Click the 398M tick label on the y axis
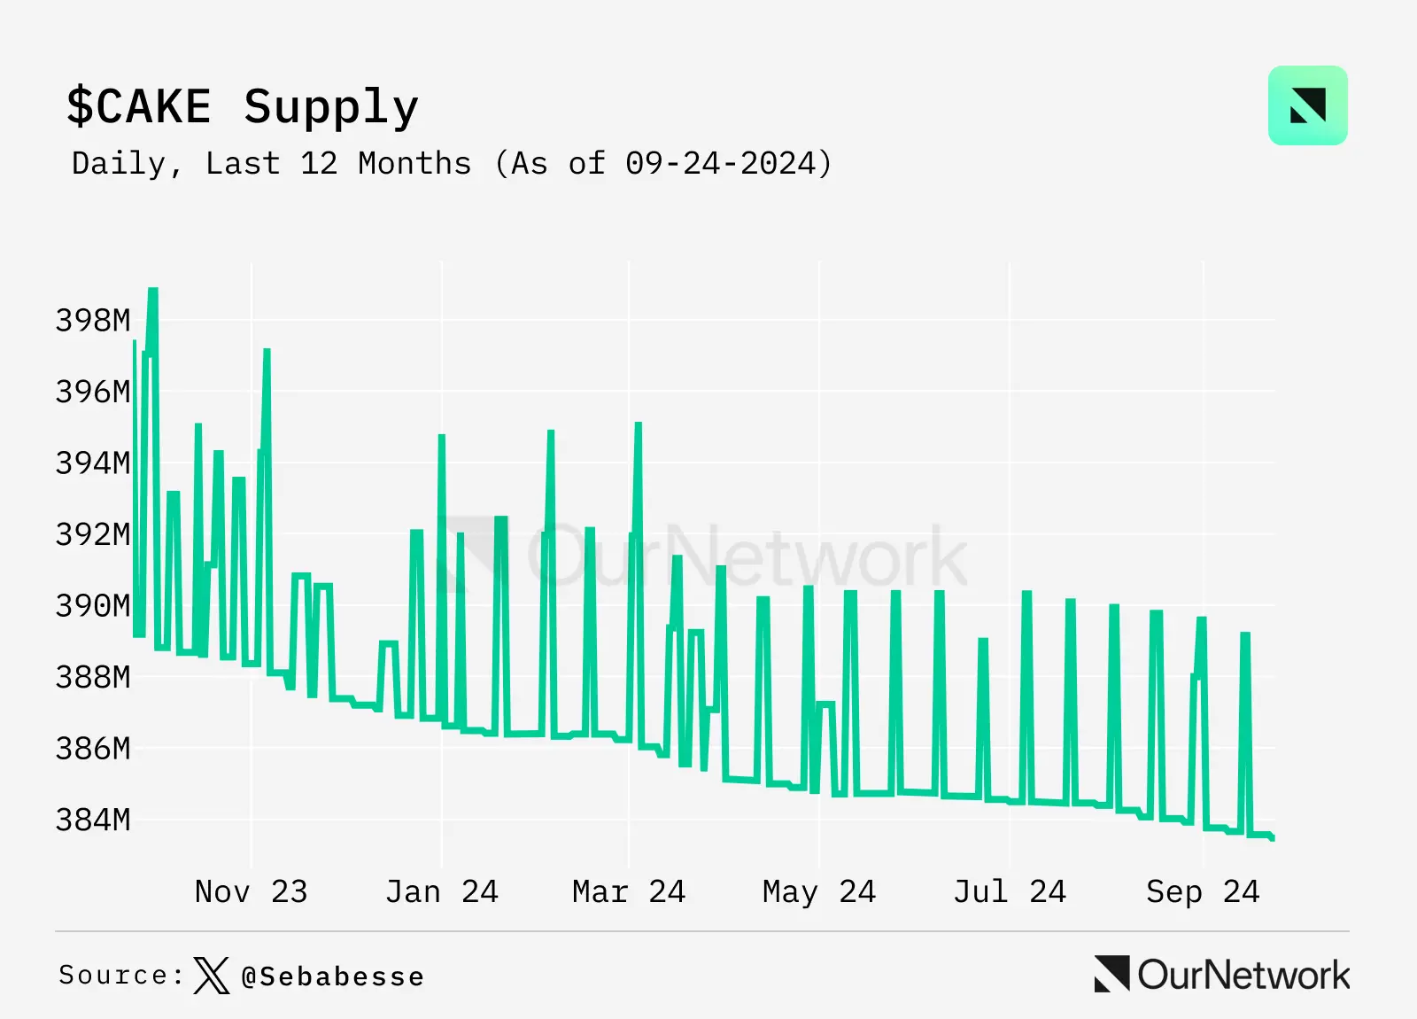[x=93, y=320]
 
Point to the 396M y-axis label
[x=93, y=392]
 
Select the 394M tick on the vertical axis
[x=93, y=463]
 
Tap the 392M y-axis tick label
[x=93, y=534]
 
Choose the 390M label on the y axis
[x=93, y=606]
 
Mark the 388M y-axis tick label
[x=93, y=677]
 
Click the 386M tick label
[x=93, y=749]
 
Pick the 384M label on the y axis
[x=93, y=820]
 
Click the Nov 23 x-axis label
[x=251, y=891]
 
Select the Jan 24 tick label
[x=441, y=891]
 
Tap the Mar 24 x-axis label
[x=629, y=891]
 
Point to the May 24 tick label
[x=819, y=891]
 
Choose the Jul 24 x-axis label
[x=1010, y=891]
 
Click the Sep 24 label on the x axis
[x=1203, y=891]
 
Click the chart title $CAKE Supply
[x=243, y=107]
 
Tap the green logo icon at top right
[x=1307, y=105]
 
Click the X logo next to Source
[x=211, y=976]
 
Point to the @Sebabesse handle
[x=333, y=976]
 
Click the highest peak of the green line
[x=153, y=291]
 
